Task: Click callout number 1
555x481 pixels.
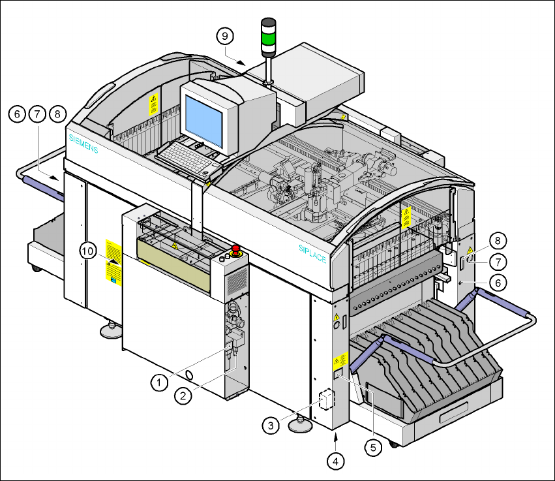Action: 159,382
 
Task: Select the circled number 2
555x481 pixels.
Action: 183,396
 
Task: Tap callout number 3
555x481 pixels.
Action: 271,425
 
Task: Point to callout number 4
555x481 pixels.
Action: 336,461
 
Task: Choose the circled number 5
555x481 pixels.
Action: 373,448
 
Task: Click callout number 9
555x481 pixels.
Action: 225,36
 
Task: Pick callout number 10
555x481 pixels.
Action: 88,251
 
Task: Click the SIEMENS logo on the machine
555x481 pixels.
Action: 83,144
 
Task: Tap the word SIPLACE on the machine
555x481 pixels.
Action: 312,253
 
